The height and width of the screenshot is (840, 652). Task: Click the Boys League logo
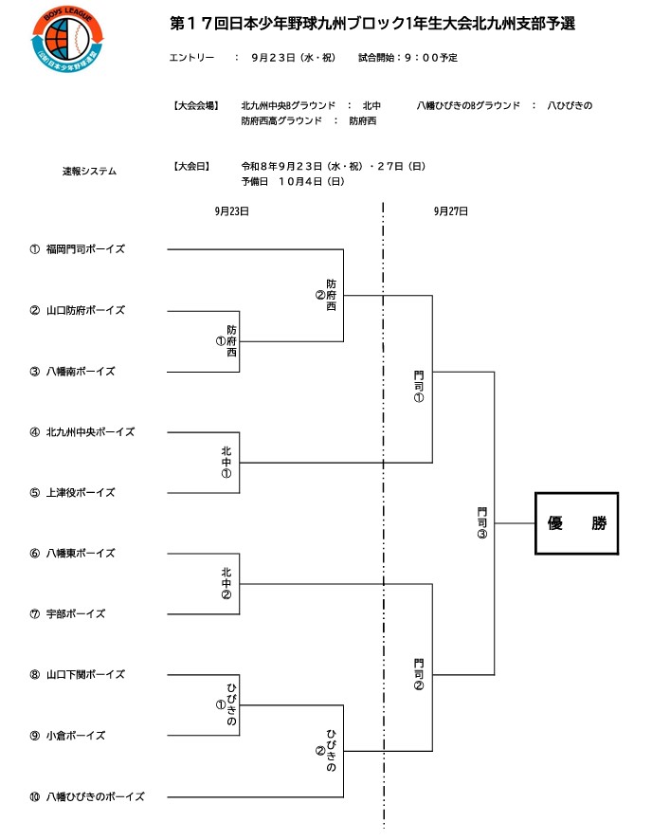(68, 39)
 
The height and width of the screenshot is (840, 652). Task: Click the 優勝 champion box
(576, 522)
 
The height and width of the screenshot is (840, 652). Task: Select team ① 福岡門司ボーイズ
(77, 249)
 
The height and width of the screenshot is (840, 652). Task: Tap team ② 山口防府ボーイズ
(77, 310)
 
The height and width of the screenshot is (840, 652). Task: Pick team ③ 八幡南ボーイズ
(72, 372)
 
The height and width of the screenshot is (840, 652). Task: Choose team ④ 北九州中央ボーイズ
(81, 431)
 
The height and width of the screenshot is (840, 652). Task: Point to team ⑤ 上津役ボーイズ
(72, 492)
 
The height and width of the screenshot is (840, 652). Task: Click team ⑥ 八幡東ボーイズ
(72, 553)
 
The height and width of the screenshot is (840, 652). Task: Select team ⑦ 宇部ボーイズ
(67, 614)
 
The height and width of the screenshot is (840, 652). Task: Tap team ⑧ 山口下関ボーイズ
(77, 674)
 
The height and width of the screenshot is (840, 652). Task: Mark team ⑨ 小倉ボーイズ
(67, 736)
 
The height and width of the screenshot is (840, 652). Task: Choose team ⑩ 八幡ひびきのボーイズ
(87, 796)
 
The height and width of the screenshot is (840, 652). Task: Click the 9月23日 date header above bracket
(232, 211)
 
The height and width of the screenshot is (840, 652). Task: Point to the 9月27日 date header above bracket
(451, 211)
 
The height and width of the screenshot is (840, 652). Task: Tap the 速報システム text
(89, 172)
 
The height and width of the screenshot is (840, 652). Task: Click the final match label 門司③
(482, 522)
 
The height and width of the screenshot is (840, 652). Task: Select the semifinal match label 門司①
(419, 386)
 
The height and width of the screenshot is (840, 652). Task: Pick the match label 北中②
(226, 583)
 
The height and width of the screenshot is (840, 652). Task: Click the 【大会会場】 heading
(196, 105)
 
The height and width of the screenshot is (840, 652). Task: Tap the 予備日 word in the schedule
(255, 182)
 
